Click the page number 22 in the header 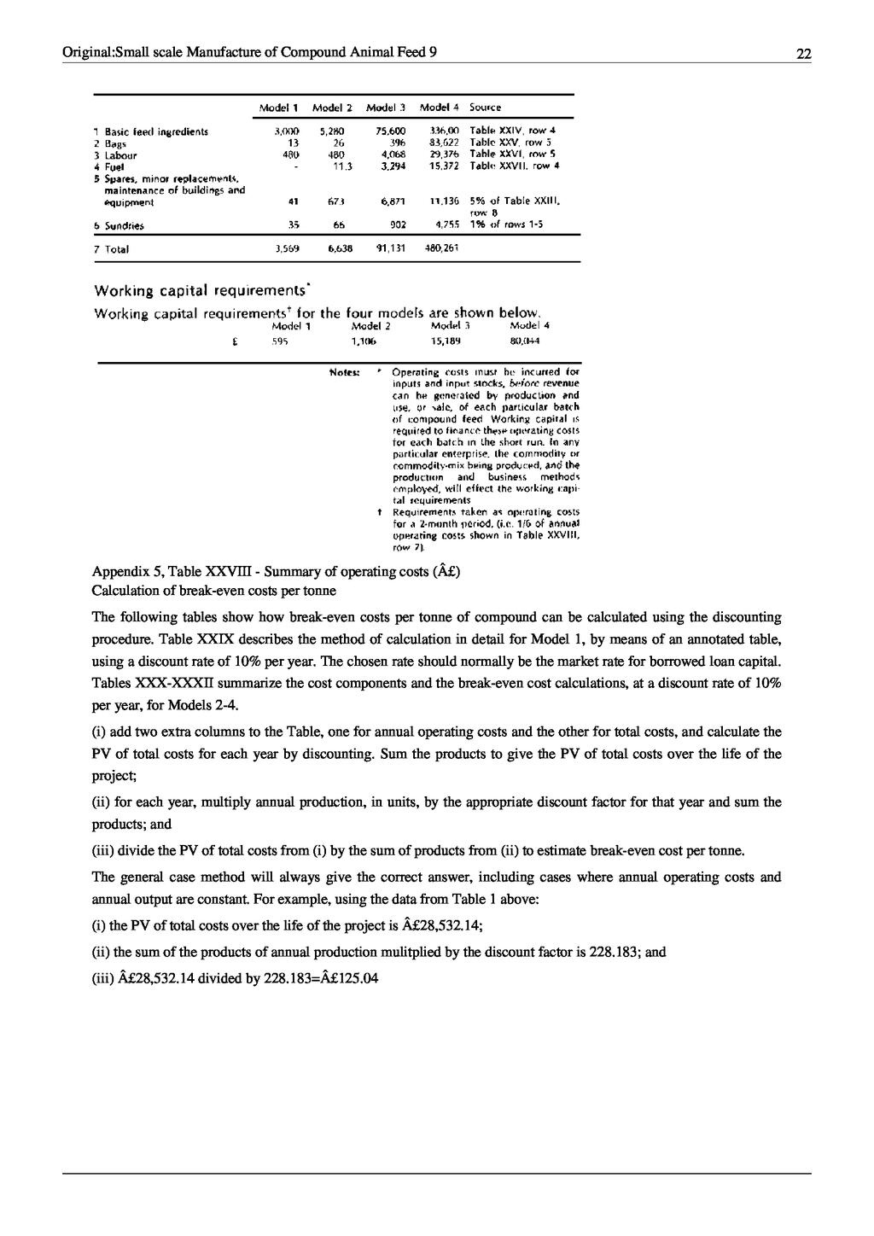click(x=803, y=54)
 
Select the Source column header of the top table click(x=486, y=108)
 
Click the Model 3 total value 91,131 click(x=389, y=249)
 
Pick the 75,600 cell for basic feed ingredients click(x=389, y=131)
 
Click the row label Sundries click(x=123, y=226)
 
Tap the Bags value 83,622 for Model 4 click(x=445, y=143)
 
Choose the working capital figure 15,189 click(x=446, y=340)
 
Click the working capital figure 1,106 click(x=365, y=340)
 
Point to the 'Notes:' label click(x=345, y=372)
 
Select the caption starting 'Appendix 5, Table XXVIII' click(x=276, y=571)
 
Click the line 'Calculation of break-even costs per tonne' click(x=214, y=590)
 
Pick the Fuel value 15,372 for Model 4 click(x=444, y=166)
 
